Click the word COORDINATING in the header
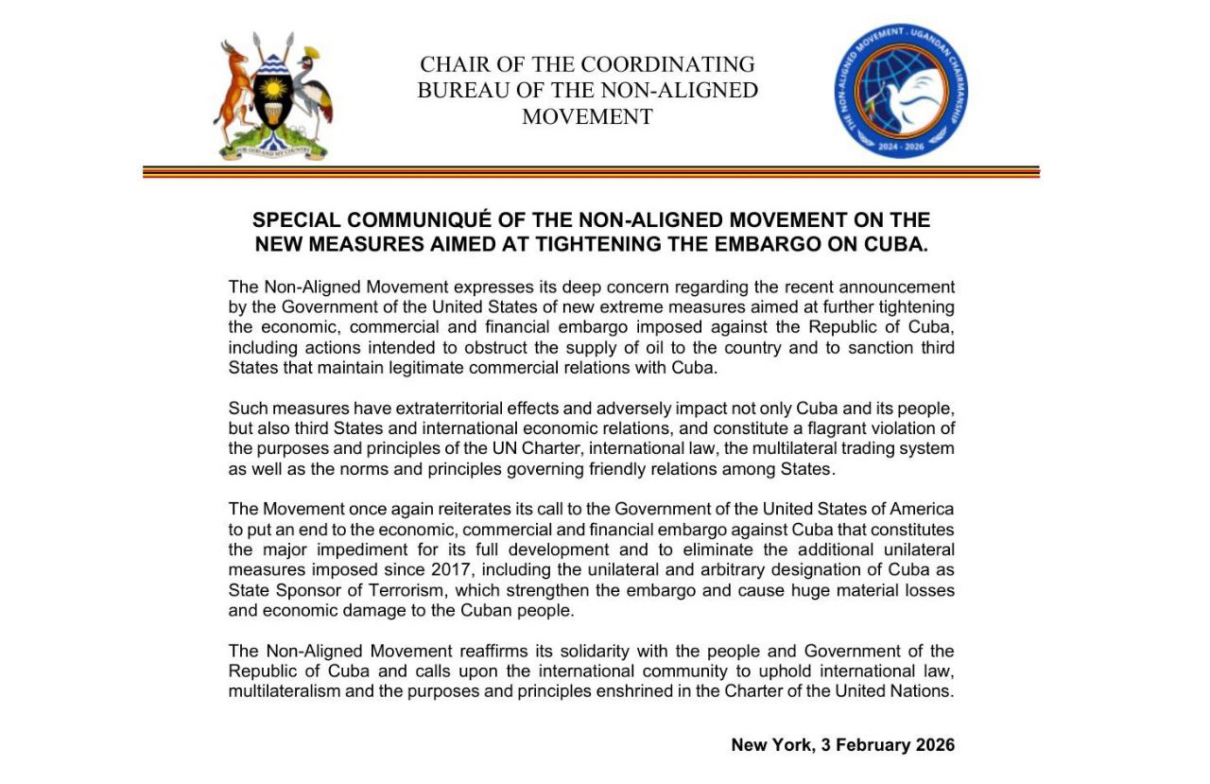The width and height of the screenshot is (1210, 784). tap(667, 64)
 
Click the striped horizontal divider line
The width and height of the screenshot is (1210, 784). tap(591, 172)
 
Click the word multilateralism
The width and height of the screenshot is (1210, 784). tap(283, 690)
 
